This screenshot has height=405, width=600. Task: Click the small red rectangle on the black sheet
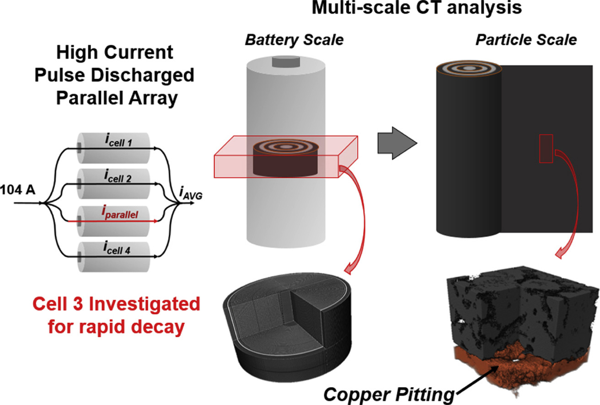[546, 149]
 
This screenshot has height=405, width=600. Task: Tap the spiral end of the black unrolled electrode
[468, 69]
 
